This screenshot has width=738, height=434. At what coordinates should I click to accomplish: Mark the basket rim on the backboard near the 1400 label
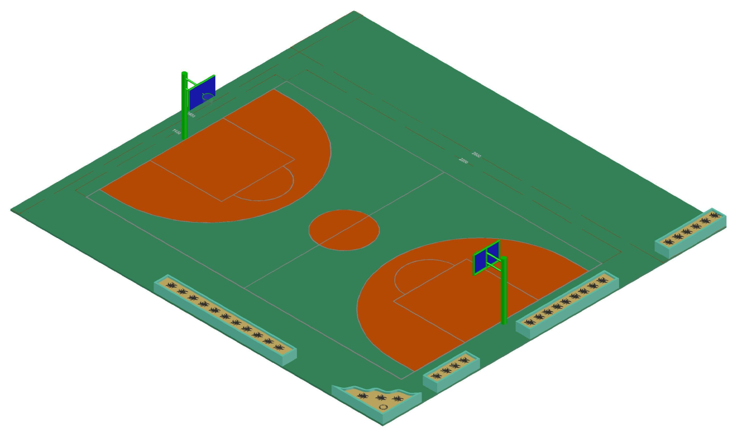point(208,97)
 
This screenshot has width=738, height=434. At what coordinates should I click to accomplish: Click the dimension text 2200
point(463,161)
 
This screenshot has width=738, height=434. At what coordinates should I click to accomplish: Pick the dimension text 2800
point(476,154)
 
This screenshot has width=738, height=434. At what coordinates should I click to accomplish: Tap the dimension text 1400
point(176,132)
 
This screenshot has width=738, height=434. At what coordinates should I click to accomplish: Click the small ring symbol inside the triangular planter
point(383,408)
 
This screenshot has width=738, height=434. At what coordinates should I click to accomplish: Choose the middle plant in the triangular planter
point(380,398)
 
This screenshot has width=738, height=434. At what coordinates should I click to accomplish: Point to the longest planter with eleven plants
point(225,318)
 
